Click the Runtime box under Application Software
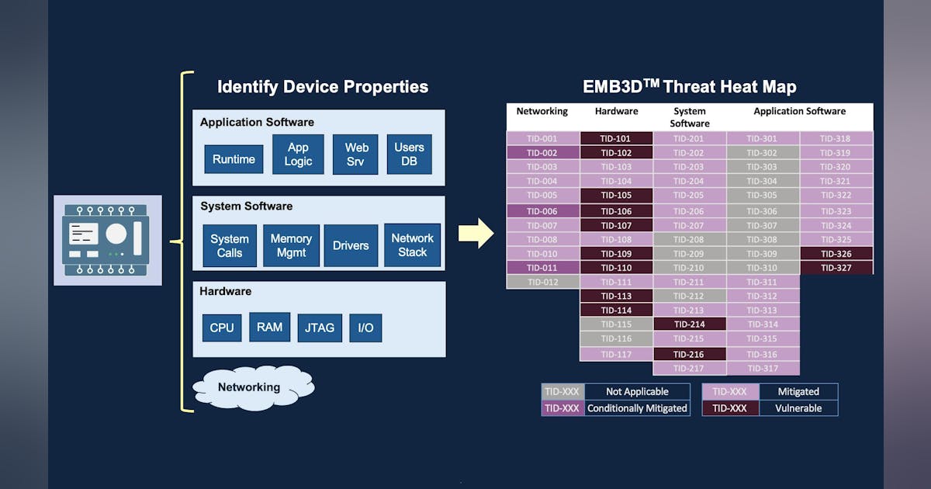pyautogui.click(x=234, y=159)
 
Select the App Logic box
pyautogui.click(x=298, y=154)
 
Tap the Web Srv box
pyautogui.click(x=356, y=154)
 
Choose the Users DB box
pyautogui.click(x=409, y=154)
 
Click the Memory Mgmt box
pyautogui.click(x=291, y=245)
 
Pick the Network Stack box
pyautogui.click(x=412, y=244)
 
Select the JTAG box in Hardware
pyautogui.click(x=319, y=328)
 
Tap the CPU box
pyautogui.click(x=222, y=328)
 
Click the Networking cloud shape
pyautogui.click(x=248, y=387)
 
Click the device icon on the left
pyautogui.click(x=107, y=240)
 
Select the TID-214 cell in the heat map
pyautogui.click(x=690, y=324)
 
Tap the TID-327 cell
pyautogui.click(x=836, y=268)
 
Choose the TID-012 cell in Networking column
pyautogui.click(x=542, y=282)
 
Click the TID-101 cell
pyautogui.click(x=616, y=139)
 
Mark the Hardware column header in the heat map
pyautogui.click(x=616, y=112)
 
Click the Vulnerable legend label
pyautogui.click(x=798, y=407)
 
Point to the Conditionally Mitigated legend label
pyautogui.click(x=637, y=407)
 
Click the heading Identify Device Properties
pyautogui.click(x=322, y=86)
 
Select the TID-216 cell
pyautogui.click(x=690, y=354)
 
